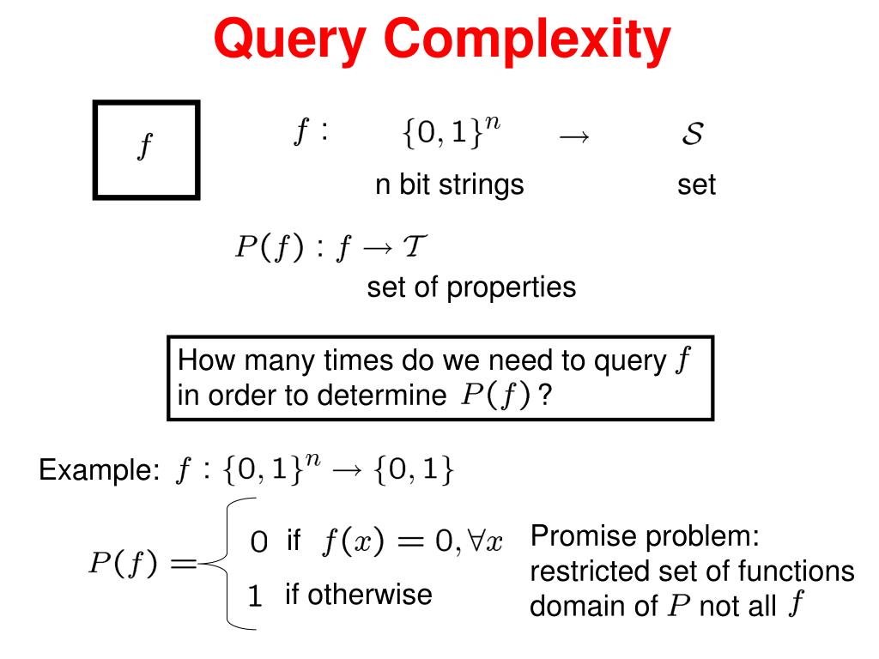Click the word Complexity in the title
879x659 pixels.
(x=527, y=40)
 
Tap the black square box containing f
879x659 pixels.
(x=146, y=149)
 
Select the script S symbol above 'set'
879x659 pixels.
(x=693, y=134)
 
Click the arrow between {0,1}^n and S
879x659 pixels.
(x=574, y=136)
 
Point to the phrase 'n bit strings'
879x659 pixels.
(x=449, y=184)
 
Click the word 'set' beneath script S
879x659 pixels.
(x=696, y=184)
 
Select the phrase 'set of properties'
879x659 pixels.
(x=471, y=287)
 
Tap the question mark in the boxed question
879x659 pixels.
(x=544, y=396)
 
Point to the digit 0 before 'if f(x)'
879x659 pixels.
(x=258, y=542)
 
